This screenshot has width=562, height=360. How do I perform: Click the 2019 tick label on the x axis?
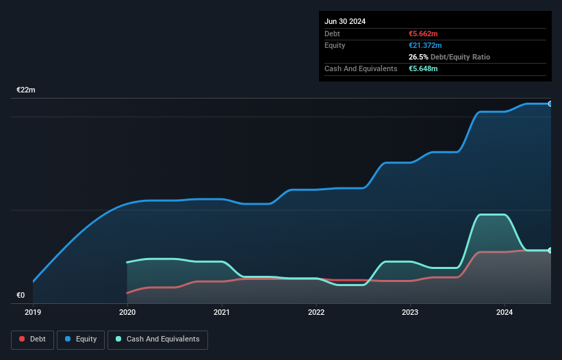tap(33, 313)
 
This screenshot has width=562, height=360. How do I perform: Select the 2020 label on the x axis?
tap(127, 313)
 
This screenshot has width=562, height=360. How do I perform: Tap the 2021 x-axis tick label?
tap(221, 313)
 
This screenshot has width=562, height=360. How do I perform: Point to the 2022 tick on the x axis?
tap(316, 313)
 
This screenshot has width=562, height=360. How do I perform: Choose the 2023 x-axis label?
tap(410, 313)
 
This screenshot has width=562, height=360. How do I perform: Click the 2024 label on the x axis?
tap(504, 313)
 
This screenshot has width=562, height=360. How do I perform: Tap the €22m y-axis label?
tap(26, 90)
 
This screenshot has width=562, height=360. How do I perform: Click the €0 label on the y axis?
tap(21, 296)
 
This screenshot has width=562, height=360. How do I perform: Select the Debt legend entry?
tap(32, 339)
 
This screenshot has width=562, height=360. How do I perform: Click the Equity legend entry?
tap(80, 339)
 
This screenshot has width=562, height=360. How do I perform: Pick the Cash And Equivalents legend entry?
tap(157, 339)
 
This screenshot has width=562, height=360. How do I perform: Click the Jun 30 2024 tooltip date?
tap(345, 21)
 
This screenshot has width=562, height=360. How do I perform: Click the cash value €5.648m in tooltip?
tap(423, 68)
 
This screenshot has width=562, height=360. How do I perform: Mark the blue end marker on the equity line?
tap(550, 104)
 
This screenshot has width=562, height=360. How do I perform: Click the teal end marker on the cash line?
tap(550, 250)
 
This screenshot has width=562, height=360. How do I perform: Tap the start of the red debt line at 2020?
tap(127, 293)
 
